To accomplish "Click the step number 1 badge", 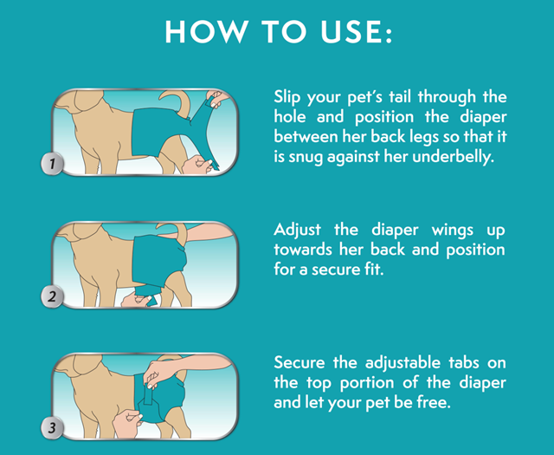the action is (52, 164).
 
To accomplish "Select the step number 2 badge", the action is (52, 296).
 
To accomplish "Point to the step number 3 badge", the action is (52, 427).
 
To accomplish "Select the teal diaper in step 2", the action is (159, 260).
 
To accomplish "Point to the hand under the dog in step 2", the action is (137, 300).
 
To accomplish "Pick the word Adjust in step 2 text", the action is (298, 230).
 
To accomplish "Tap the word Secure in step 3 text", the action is (300, 362).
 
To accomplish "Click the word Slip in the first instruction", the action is (287, 97).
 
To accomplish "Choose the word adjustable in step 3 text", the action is (403, 363).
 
